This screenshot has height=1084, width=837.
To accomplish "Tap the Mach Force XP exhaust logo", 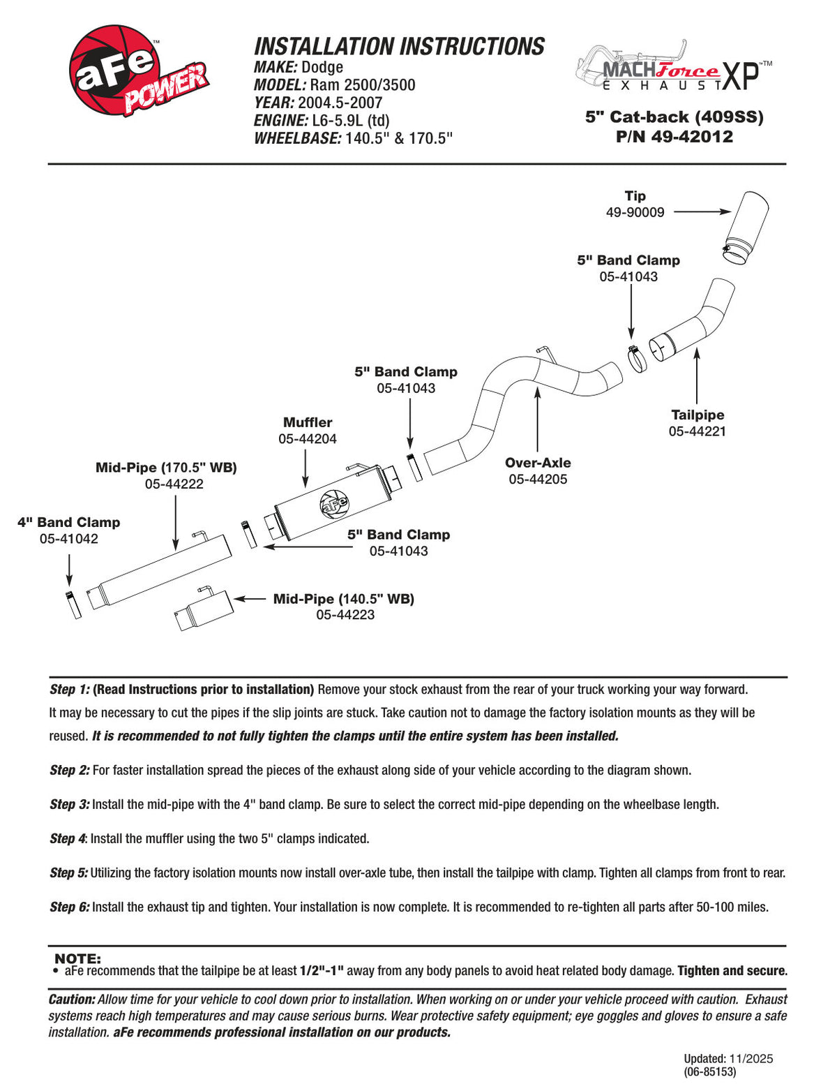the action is (x=674, y=67).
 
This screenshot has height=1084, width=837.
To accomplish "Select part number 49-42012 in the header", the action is (x=674, y=136).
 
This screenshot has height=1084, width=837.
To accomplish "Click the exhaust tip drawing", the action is (x=746, y=228).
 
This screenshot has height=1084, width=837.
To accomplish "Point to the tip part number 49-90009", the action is (x=635, y=212).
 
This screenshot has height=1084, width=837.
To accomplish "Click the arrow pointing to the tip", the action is (x=702, y=211).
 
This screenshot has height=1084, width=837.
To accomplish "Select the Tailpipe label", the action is (x=697, y=415).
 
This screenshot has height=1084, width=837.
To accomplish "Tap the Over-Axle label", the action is (x=538, y=463).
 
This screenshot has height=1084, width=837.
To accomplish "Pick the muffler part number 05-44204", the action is (x=308, y=439).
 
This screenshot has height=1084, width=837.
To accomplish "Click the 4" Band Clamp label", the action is (x=69, y=522).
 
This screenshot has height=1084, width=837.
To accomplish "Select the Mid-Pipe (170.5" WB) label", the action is (x=166, y=468).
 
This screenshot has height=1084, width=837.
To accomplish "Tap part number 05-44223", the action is (x=345, y=614).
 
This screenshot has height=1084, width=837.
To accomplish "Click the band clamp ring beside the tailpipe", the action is (x=637, y=358).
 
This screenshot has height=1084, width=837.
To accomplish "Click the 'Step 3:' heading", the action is (x=70, y=804).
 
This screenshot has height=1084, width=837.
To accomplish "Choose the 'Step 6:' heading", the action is (x=70, y=907).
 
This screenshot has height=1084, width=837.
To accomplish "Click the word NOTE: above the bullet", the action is (x=77, y=959).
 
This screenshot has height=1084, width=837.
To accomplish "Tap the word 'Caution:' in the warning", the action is (x=72, y=1000).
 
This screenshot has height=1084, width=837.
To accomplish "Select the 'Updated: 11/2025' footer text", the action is (x=728, y=1059).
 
